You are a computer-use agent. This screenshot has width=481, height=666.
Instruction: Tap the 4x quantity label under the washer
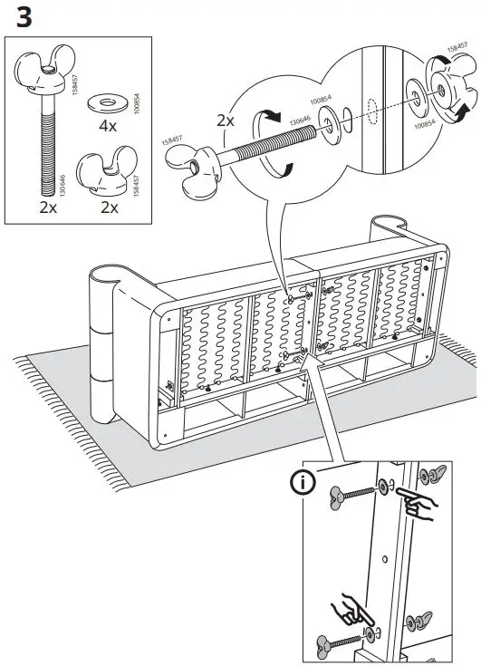[108, 125]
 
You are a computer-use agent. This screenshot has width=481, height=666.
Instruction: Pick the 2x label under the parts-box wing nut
[109, 207]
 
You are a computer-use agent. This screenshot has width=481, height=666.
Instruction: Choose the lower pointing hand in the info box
[350, 609]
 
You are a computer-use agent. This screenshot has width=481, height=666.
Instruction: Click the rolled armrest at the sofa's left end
[108, 344]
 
